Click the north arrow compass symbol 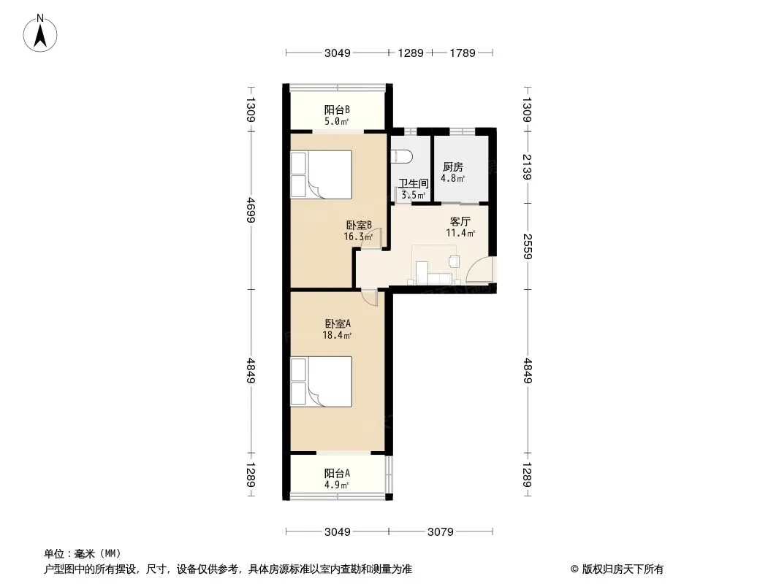pos(40,33)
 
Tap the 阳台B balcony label pos(337,109)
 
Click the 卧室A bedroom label pos(338,323)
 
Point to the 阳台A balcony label pos(337,473)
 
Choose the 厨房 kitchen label pos(452,167)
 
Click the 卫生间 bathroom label pos(414,183)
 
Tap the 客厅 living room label pos(460,221)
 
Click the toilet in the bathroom pos(402,157)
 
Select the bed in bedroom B pos(321,174)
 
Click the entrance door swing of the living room pos(479,270)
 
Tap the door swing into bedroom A pos(370,298)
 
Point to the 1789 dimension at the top pos(463,53)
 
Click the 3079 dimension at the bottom pos(440,532)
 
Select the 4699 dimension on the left pos(251,210)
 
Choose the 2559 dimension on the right pos(527,247)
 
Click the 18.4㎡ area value pos(338,335)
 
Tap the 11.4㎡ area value pos(460,233)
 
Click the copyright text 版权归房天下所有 pos(623,569)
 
